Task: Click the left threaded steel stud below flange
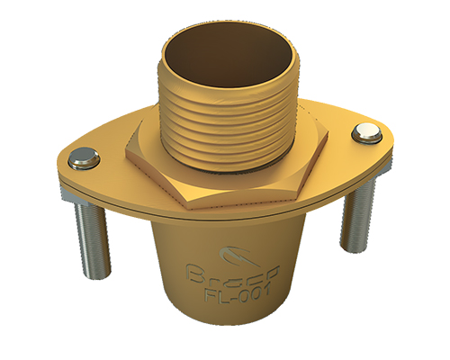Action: [88, 238]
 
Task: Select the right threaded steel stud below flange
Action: [353, 216]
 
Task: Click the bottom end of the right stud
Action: [351, 249]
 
